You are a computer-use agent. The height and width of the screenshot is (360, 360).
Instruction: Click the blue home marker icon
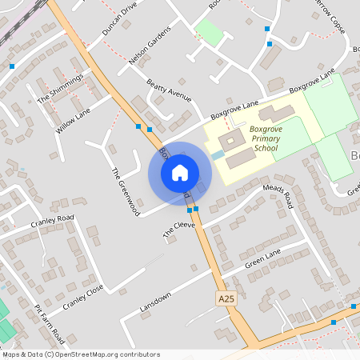click(x=180, y=173)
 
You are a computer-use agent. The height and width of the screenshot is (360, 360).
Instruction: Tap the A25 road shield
click(x=226, y=298)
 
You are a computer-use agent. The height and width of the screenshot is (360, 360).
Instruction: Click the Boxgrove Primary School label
click(x=264, y=138)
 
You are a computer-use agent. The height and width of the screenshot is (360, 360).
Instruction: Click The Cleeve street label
click(x=179, y=229)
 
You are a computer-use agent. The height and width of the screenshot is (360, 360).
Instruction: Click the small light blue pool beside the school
click(x=218, y=154)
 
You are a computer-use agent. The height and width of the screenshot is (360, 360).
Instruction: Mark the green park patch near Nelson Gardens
click(x=210, y=33)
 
